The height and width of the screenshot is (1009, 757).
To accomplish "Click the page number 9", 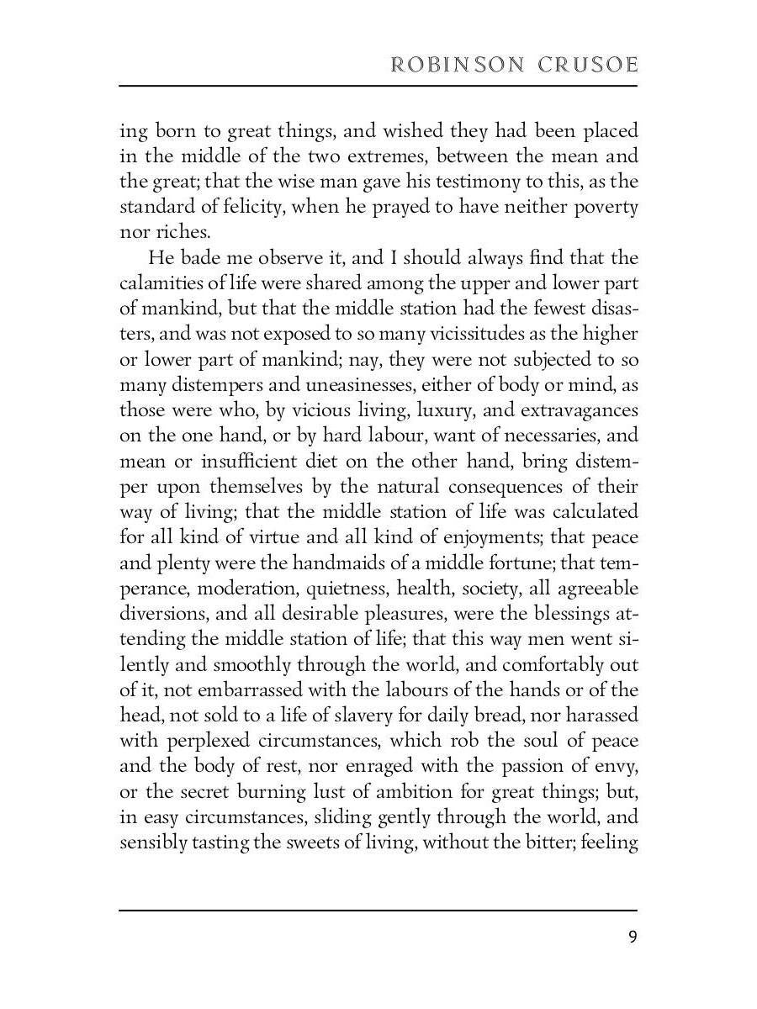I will click(632, 938).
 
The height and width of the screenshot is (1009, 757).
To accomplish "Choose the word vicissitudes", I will click(426, 335).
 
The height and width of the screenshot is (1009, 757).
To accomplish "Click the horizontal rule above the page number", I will click(378, 910).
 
